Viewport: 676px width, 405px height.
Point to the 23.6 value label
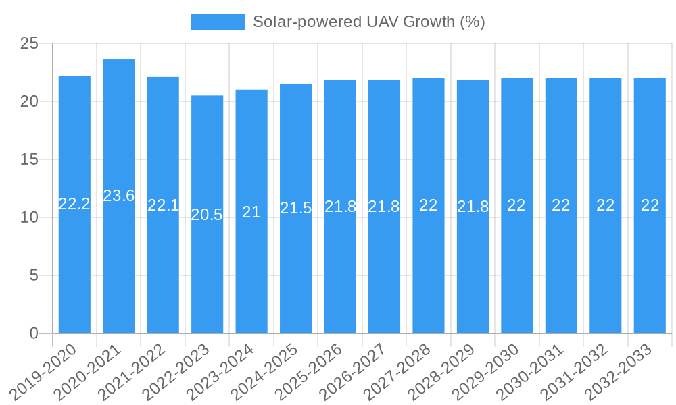[x=119, y=196]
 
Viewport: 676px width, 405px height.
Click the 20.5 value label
[x=207, y=215]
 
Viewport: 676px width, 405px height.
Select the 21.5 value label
[x=296, y=208]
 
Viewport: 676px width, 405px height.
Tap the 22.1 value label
[x=163, y=205]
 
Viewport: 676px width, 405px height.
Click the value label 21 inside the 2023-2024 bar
[x=251, y=212]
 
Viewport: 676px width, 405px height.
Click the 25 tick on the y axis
[x=30, y=44]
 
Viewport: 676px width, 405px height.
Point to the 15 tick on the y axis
[x=30, y=160]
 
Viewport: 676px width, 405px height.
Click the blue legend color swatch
[x=218, y=22]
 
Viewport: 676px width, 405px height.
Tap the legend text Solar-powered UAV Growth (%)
[x=369, y=22]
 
